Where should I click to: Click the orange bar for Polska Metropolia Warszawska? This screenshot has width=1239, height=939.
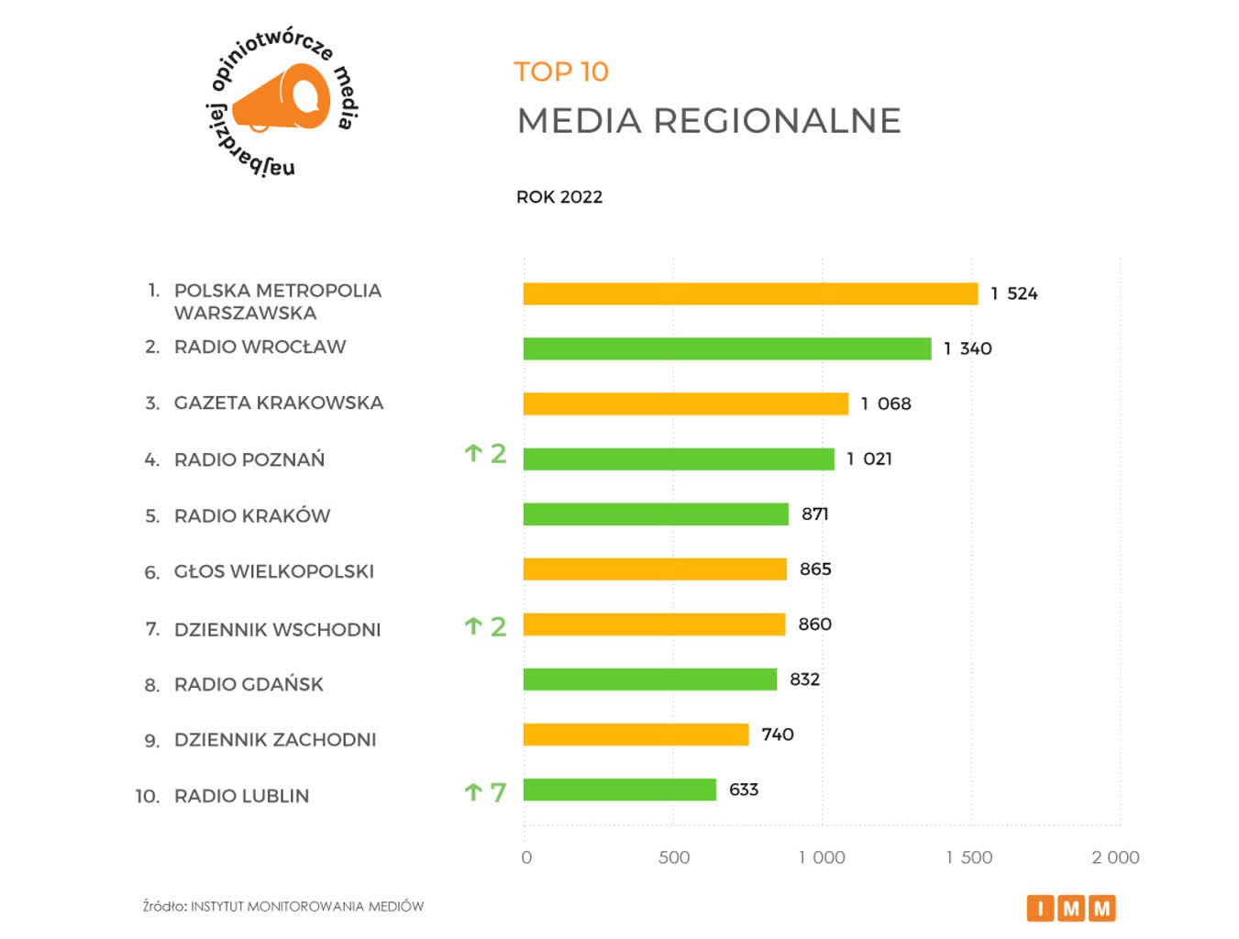750,293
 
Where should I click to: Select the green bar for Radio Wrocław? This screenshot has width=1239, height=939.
726,348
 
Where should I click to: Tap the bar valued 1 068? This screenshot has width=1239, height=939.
685,403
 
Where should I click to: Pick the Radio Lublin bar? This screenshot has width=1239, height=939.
619,790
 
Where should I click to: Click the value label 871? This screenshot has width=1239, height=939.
814,514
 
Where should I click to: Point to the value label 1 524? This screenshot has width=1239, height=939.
1013,293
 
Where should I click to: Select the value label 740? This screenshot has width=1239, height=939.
777,735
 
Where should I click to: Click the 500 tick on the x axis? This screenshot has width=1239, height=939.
673,857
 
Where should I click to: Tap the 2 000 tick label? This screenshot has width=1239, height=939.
1114,857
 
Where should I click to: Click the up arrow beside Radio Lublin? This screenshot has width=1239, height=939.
473,791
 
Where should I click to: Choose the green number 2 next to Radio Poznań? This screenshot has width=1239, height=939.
498,453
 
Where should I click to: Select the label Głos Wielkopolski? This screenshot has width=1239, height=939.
273,571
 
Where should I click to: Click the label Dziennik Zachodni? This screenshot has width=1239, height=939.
274,740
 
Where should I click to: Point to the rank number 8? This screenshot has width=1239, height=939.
151,685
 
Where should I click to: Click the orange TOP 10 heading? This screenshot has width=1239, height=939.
560,72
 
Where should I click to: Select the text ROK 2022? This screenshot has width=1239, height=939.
559,197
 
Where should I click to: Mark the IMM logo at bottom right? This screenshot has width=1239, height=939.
1070,908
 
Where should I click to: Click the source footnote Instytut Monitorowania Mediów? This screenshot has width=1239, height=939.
306,906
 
